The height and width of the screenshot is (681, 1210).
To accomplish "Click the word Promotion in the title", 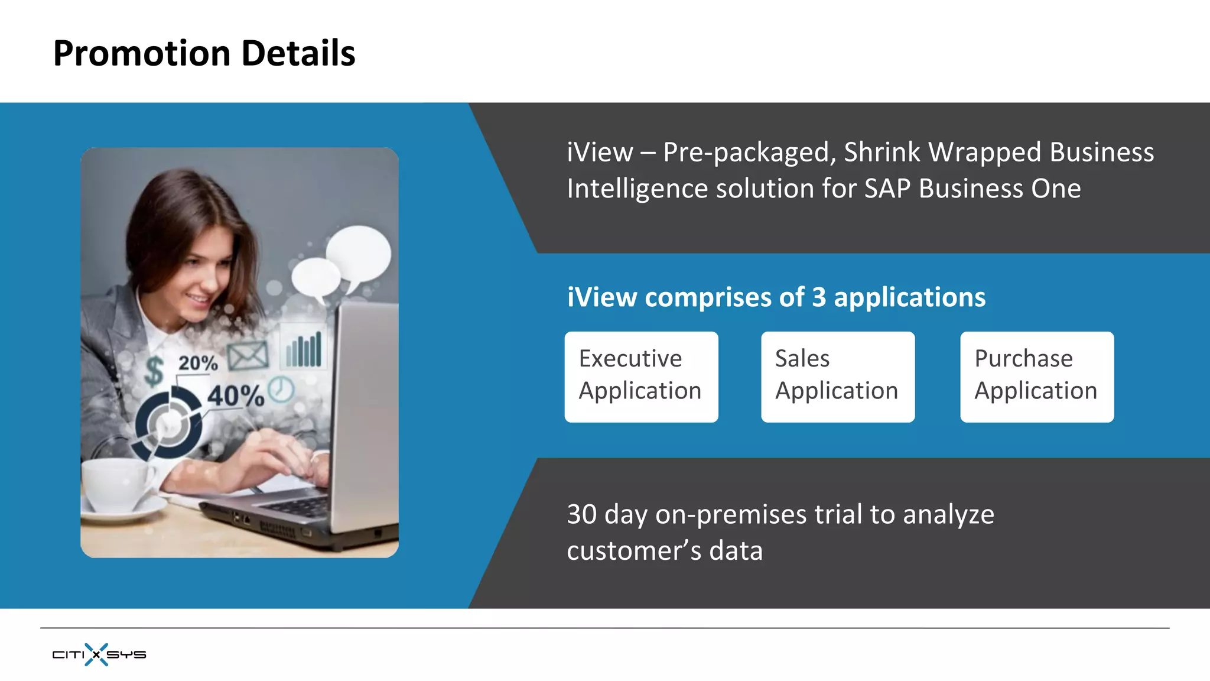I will [x=142, y=53].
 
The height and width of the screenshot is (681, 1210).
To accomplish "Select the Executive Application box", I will [x=641, y=377].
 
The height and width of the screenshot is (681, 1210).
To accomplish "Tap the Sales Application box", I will [x=837, y=377].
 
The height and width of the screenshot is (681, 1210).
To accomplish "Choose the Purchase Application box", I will [x=1036, y=377].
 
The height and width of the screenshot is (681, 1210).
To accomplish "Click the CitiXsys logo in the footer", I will [x=99, y=654].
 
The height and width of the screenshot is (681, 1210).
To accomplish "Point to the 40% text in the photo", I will [x=235, y=395].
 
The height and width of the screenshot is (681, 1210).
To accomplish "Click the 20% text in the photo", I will [x=198, y=362].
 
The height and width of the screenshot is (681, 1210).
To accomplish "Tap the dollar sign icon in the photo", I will [x=154, y=371].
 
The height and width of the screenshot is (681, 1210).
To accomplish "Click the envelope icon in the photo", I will [x=248, y=355].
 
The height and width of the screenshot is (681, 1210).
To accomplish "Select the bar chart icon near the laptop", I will [x=304, y=349].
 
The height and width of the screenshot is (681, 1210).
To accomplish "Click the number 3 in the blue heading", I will [x=818, y=297].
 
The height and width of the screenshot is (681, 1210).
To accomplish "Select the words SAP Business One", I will [x=972, y=189].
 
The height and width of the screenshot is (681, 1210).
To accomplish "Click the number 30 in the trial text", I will [x=581, y=514].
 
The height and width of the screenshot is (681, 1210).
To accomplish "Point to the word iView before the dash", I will [x=599, y=153].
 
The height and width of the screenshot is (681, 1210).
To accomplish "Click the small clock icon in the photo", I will [x=281, y=390].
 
